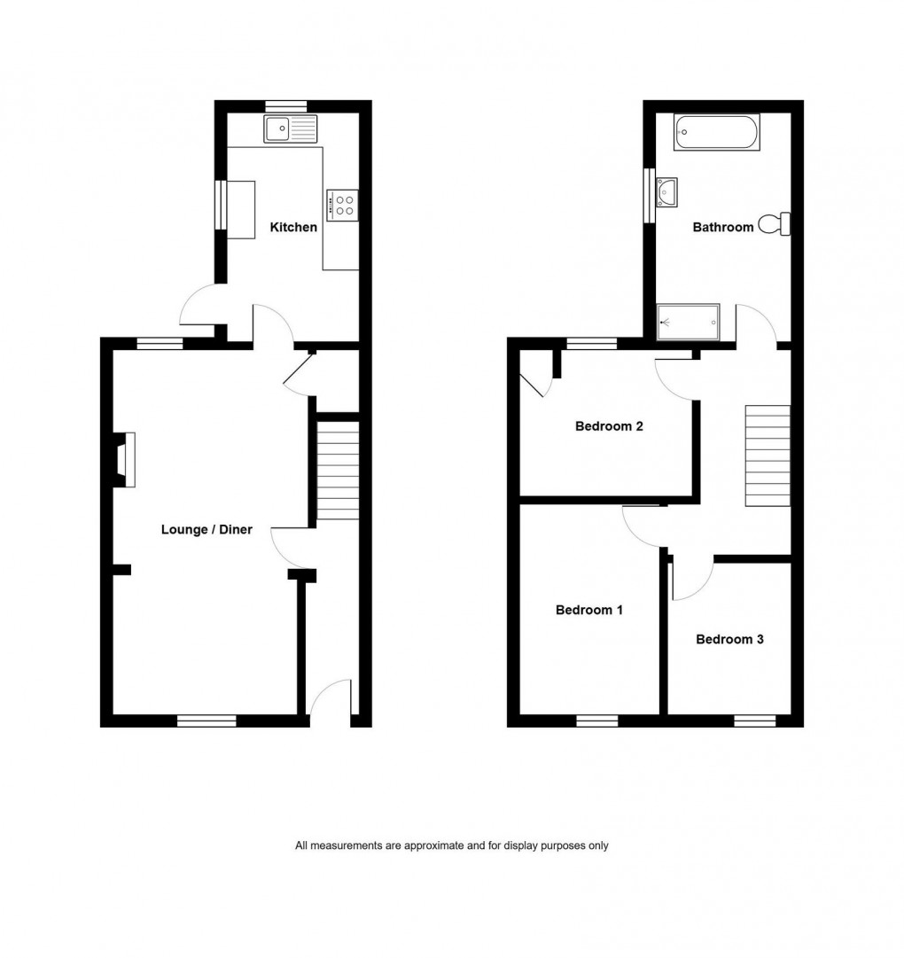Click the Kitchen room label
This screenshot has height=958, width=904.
coord(293,228)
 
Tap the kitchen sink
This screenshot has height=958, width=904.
coord(290,129)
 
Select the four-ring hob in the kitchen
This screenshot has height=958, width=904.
coord(342,206)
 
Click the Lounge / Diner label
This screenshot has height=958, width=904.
coord(207,530)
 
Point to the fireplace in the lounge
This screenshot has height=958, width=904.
coord(124,459)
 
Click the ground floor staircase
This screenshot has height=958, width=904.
coord(339,471)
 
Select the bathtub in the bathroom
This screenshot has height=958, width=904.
coord(717,132)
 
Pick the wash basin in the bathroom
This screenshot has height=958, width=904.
coord(666,190)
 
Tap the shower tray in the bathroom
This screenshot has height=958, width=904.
coord(689,322)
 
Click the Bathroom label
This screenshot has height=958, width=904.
coord(723,228)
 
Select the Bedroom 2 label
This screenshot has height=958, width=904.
coord(609,426)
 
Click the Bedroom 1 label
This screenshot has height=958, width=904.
coord(589,610)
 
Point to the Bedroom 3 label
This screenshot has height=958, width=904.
coord(729,639)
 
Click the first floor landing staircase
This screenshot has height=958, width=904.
coord(768,456)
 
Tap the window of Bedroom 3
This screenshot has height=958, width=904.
coord(755,720)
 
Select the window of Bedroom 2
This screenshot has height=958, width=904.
coord(592,344)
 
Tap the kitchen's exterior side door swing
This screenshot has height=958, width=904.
coord(198,306)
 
